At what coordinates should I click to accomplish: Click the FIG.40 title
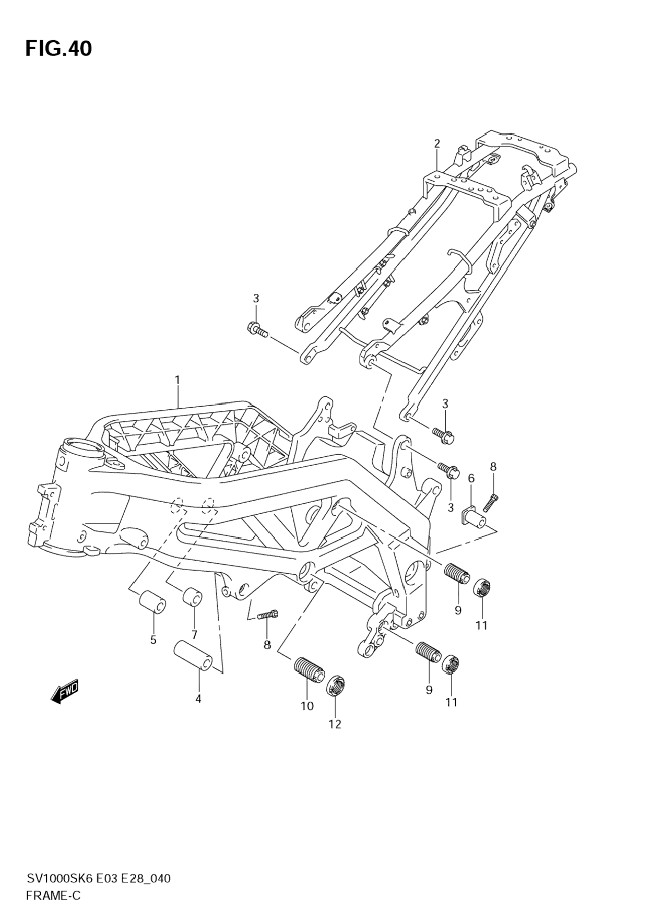pos(58,49)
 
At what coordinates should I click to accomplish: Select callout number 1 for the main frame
pos(177,380)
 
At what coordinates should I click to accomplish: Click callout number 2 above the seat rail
pos(437,143)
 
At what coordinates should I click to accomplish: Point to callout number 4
pos(198,699)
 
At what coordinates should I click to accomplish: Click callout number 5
pos(153,640)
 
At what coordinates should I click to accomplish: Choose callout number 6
pos(471,478)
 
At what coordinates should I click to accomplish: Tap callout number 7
pos(194,635)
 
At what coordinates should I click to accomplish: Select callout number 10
pos(307,706)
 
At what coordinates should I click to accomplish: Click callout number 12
pos(335,724)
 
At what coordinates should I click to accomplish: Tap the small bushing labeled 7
pos(192,597)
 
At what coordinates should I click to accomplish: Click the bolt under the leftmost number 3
pos(256,329)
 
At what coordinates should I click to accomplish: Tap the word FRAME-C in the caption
pos(53,896)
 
